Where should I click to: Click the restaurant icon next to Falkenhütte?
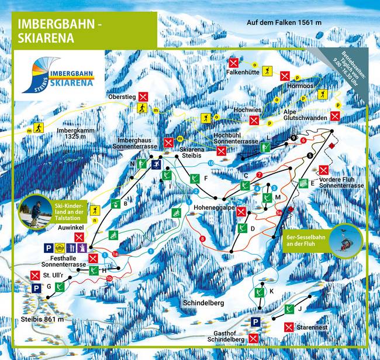pyautogui.click(x=234, y=63)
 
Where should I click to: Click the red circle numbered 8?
pyautogui.click(x=202, y=238)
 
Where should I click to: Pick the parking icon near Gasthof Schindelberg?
pyautogui.click(x=255, y=321)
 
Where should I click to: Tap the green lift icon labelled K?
pyautogui.click(x=258, y=291)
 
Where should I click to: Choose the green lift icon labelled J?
pyautogui.click(x=288, y=308)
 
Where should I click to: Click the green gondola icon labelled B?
pyautogui.click(x=115, y=204)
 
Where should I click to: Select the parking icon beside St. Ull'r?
pyautogui.click(x=36, y=287)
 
